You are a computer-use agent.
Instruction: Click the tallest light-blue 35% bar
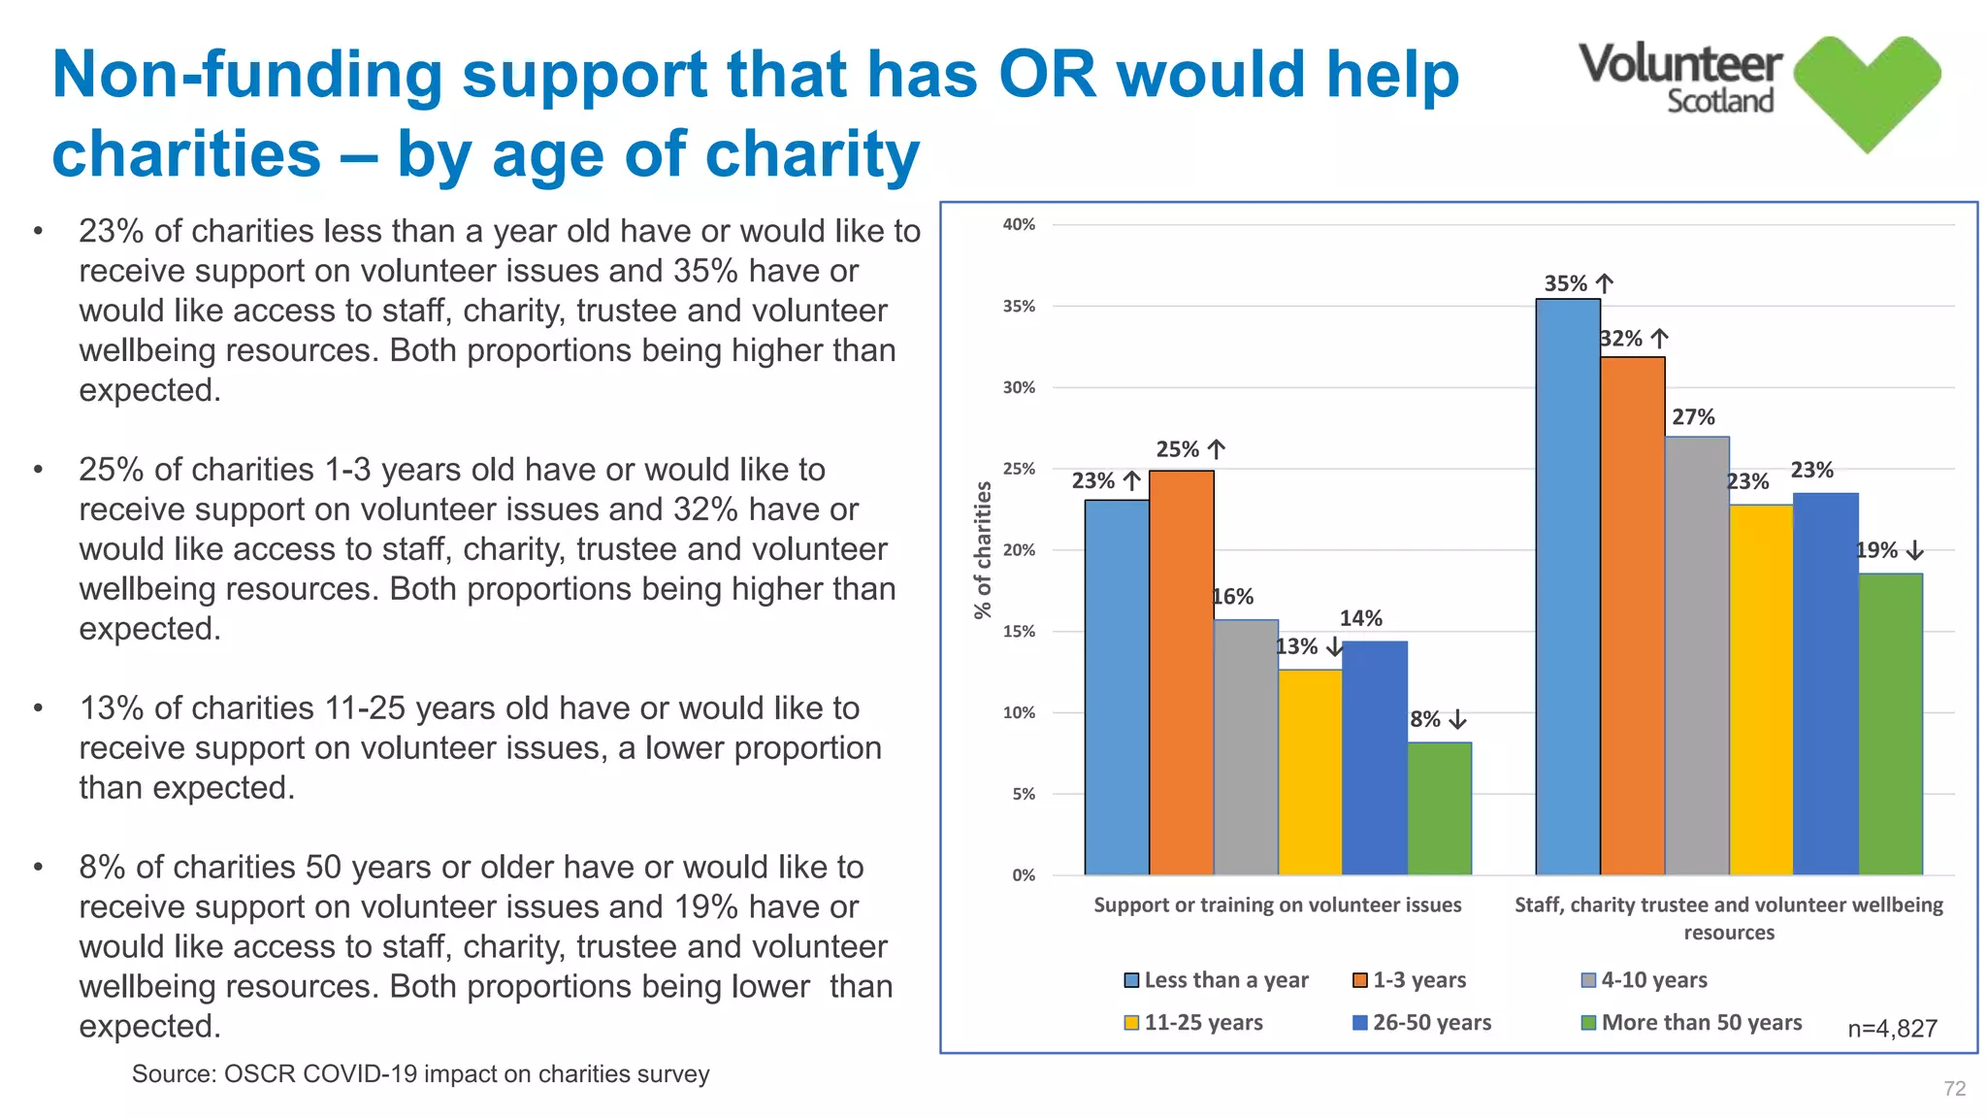point(1567,587)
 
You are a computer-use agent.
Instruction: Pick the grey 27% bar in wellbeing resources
point(1697,656)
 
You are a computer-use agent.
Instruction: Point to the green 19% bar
point(1890,724)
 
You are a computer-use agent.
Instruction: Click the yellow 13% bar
point(1310,773)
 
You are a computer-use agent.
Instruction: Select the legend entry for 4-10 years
point(1645,980)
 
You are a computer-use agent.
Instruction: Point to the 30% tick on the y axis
point(1019,387)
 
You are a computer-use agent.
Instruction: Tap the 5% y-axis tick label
point(1024,794)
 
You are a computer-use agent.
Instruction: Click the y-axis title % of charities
point(983,549)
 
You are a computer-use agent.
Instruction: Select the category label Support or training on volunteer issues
point(1277,905)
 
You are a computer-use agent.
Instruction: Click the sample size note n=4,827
point(1892,1029)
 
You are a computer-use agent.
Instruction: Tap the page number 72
point(1954,1089)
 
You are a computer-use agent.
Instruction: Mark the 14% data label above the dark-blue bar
point(1360,618)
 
